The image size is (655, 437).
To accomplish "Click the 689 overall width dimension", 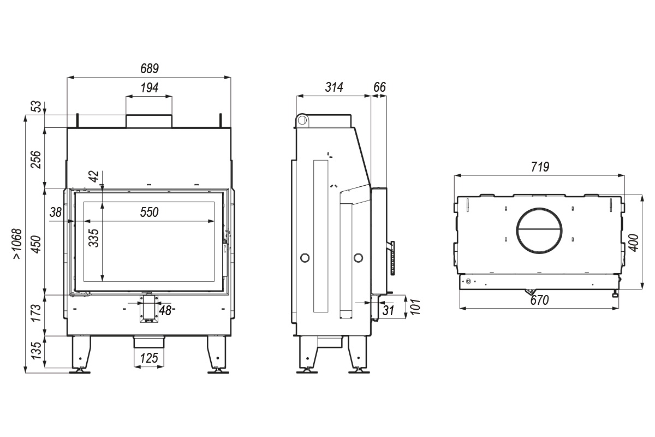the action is click(150, 68).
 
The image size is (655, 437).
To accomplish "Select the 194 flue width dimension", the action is click(150, 87).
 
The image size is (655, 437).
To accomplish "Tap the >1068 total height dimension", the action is click(17, 244).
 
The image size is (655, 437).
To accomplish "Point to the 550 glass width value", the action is click(149, 212).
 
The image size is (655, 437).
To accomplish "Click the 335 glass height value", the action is click(94, 238).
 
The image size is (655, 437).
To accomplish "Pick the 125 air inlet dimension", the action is click(149, 358).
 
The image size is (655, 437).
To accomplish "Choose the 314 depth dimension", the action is click(334, 87).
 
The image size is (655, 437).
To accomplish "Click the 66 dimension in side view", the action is click(379, 87).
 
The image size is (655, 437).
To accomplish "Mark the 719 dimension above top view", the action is click(540, 167).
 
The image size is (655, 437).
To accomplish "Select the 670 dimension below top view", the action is click(539, 300).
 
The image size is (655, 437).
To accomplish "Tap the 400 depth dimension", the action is click(634, 243).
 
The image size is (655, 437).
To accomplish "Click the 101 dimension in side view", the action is click(415, 307).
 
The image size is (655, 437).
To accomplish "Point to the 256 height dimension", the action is click(36, 160).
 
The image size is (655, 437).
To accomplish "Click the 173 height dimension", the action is click(36, 313).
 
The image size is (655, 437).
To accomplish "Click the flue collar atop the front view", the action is click(149, 121).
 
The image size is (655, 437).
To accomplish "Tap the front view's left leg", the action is click(81, 354).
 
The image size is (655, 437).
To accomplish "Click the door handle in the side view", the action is click(391, 258).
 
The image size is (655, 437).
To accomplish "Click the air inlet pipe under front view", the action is click(149, 342).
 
